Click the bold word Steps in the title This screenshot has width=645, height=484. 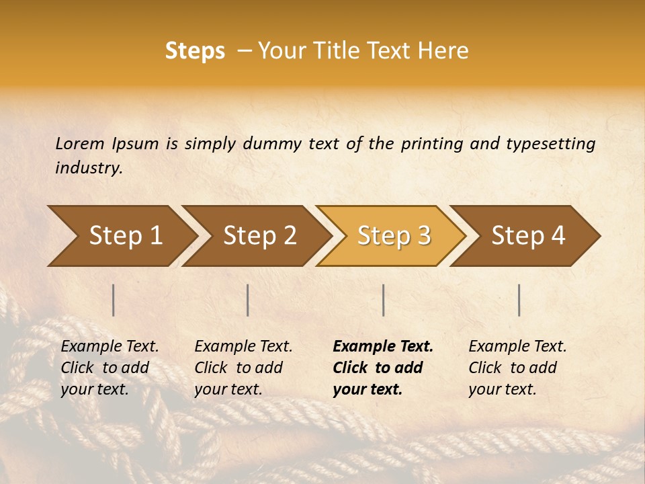195,51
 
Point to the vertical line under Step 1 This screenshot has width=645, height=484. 114,300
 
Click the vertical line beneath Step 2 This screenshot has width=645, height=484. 248,300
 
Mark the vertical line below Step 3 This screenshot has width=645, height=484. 383,300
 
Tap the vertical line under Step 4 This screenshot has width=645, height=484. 519,300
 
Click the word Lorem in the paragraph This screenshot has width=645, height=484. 80,143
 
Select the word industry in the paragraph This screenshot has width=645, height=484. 88,168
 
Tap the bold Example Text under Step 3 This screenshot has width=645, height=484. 383,346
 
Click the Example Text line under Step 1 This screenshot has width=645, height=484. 110,346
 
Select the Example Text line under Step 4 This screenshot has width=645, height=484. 517,346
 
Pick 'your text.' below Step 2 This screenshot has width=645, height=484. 228,389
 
